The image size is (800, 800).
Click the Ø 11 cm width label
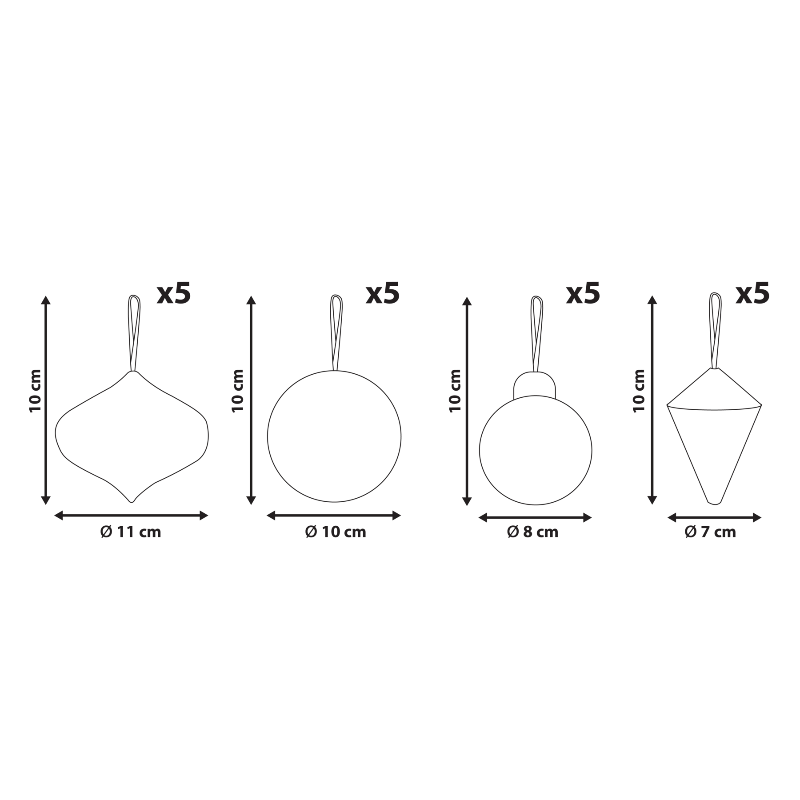[x=131, y=532]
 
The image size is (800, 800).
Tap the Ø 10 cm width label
[x=336, y=532]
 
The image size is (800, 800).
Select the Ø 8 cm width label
[x=532, y=532]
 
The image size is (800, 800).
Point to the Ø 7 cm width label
[x=710, y=532]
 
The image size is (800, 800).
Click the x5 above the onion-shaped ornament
[x=174, y=294]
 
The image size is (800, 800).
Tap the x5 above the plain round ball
[x=383, y=294]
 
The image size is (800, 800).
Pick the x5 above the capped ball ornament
[x=583, y=294]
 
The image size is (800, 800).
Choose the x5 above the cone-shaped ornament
[x=752, y=294]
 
